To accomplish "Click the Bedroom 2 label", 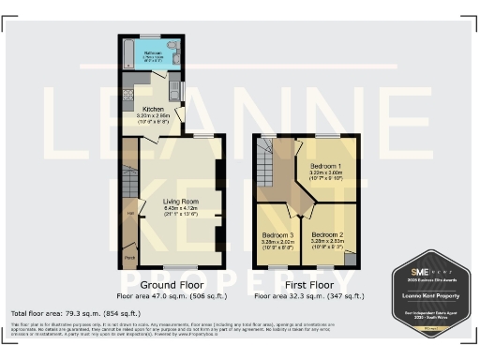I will click(x=328, y=233).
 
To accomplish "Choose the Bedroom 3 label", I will click(x=278, y=233).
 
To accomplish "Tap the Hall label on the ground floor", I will click(x=130, y=213).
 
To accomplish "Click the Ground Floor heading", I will click(x=172, y=283).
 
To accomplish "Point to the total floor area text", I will click(x=76, y=312).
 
